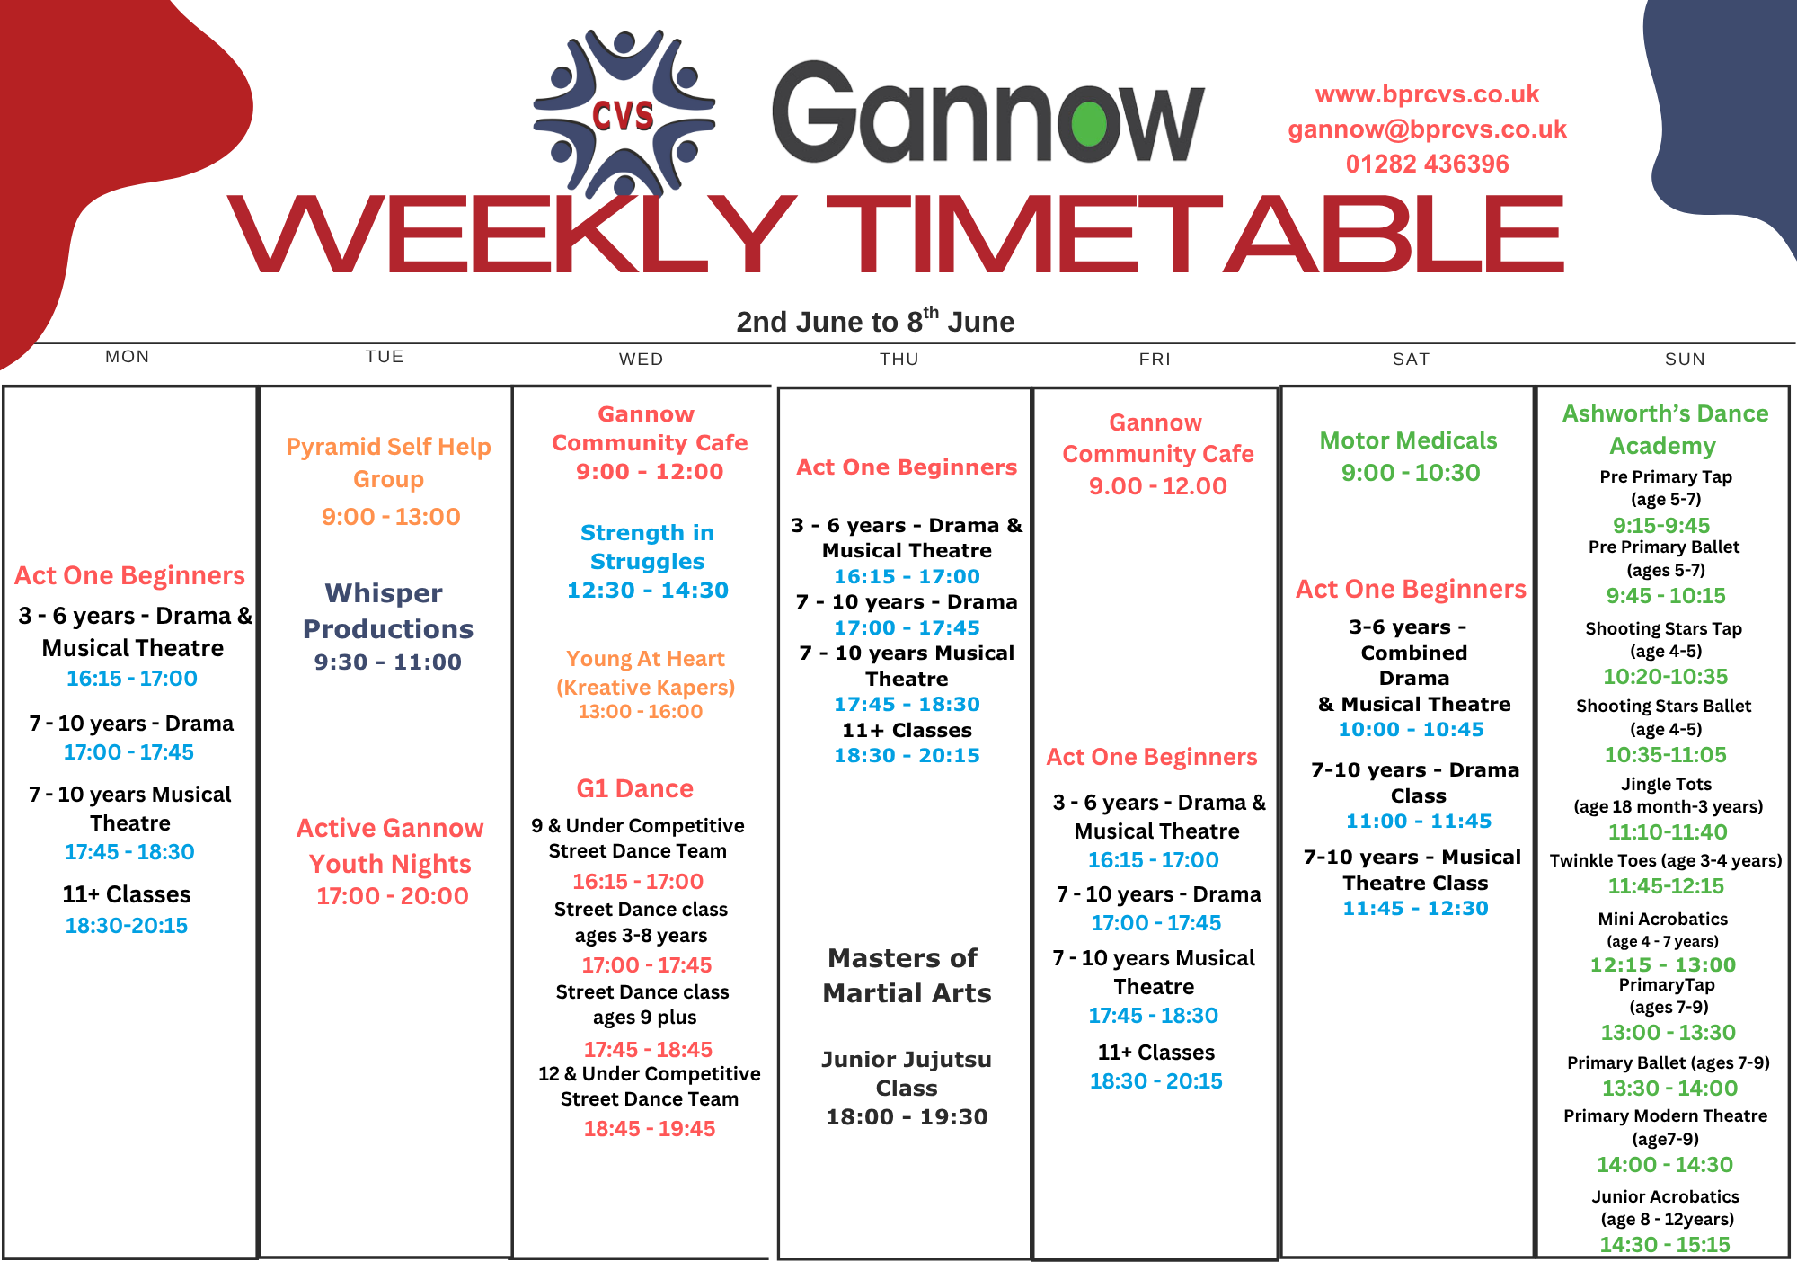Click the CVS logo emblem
coord(624,114)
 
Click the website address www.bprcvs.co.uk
coord(1427,94)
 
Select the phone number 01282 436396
coord(1427,164)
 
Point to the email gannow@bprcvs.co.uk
coord(1427,129)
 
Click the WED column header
coord(641,359)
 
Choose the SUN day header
coord(1685,359)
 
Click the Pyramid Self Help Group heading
coord(389,462)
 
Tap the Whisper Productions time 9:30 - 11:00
coord(388,662)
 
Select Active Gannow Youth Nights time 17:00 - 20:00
coord(393,895)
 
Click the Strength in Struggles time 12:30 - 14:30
coord(648,590)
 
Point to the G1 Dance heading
coord(635,788)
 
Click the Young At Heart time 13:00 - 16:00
coord(641,711)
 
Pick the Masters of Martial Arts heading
coord(907,975)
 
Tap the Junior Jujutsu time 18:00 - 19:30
coord(907,1116)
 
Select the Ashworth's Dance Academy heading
coord(1665,430)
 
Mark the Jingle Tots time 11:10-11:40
coord(1668,832)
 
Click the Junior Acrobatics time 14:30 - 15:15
coord(1665,1244)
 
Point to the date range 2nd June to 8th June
coord(875,320)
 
